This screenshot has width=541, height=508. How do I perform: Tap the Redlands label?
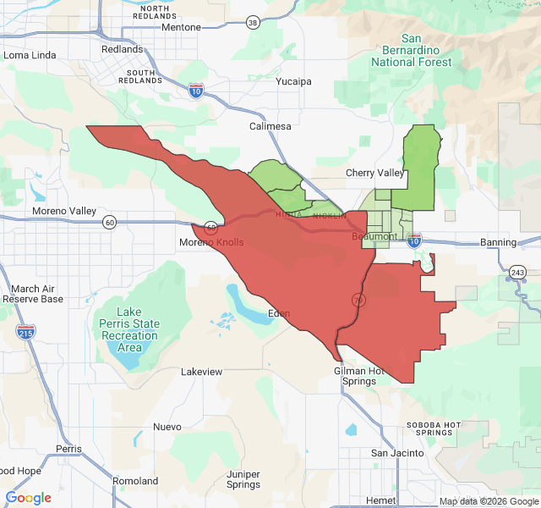tap(122, 49)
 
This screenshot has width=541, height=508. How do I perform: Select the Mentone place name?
tap(182, 27)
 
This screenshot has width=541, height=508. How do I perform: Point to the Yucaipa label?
tap(294, 82)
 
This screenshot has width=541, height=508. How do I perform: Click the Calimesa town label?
tap(270, 126)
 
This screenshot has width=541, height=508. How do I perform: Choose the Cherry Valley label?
tap(375, 173)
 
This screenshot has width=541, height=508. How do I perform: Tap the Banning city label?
tap(498, 242)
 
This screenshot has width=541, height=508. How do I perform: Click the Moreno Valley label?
tap(64, 211)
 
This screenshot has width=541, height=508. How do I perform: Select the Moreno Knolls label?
tap(211, 242)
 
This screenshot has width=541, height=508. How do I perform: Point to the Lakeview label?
tap(202, 372)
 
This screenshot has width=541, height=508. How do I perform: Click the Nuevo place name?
tap(167, 427)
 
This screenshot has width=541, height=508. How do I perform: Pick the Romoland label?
tap(135, 481)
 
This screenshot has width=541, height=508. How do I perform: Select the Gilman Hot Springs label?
tap(360, 376)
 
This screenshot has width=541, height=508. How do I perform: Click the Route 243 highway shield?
tap(517, 272)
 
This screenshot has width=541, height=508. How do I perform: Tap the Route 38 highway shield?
tap(254, 23)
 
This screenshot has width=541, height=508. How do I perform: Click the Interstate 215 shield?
tap(26, 332)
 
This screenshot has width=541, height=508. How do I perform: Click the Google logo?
tap(29, 498)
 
